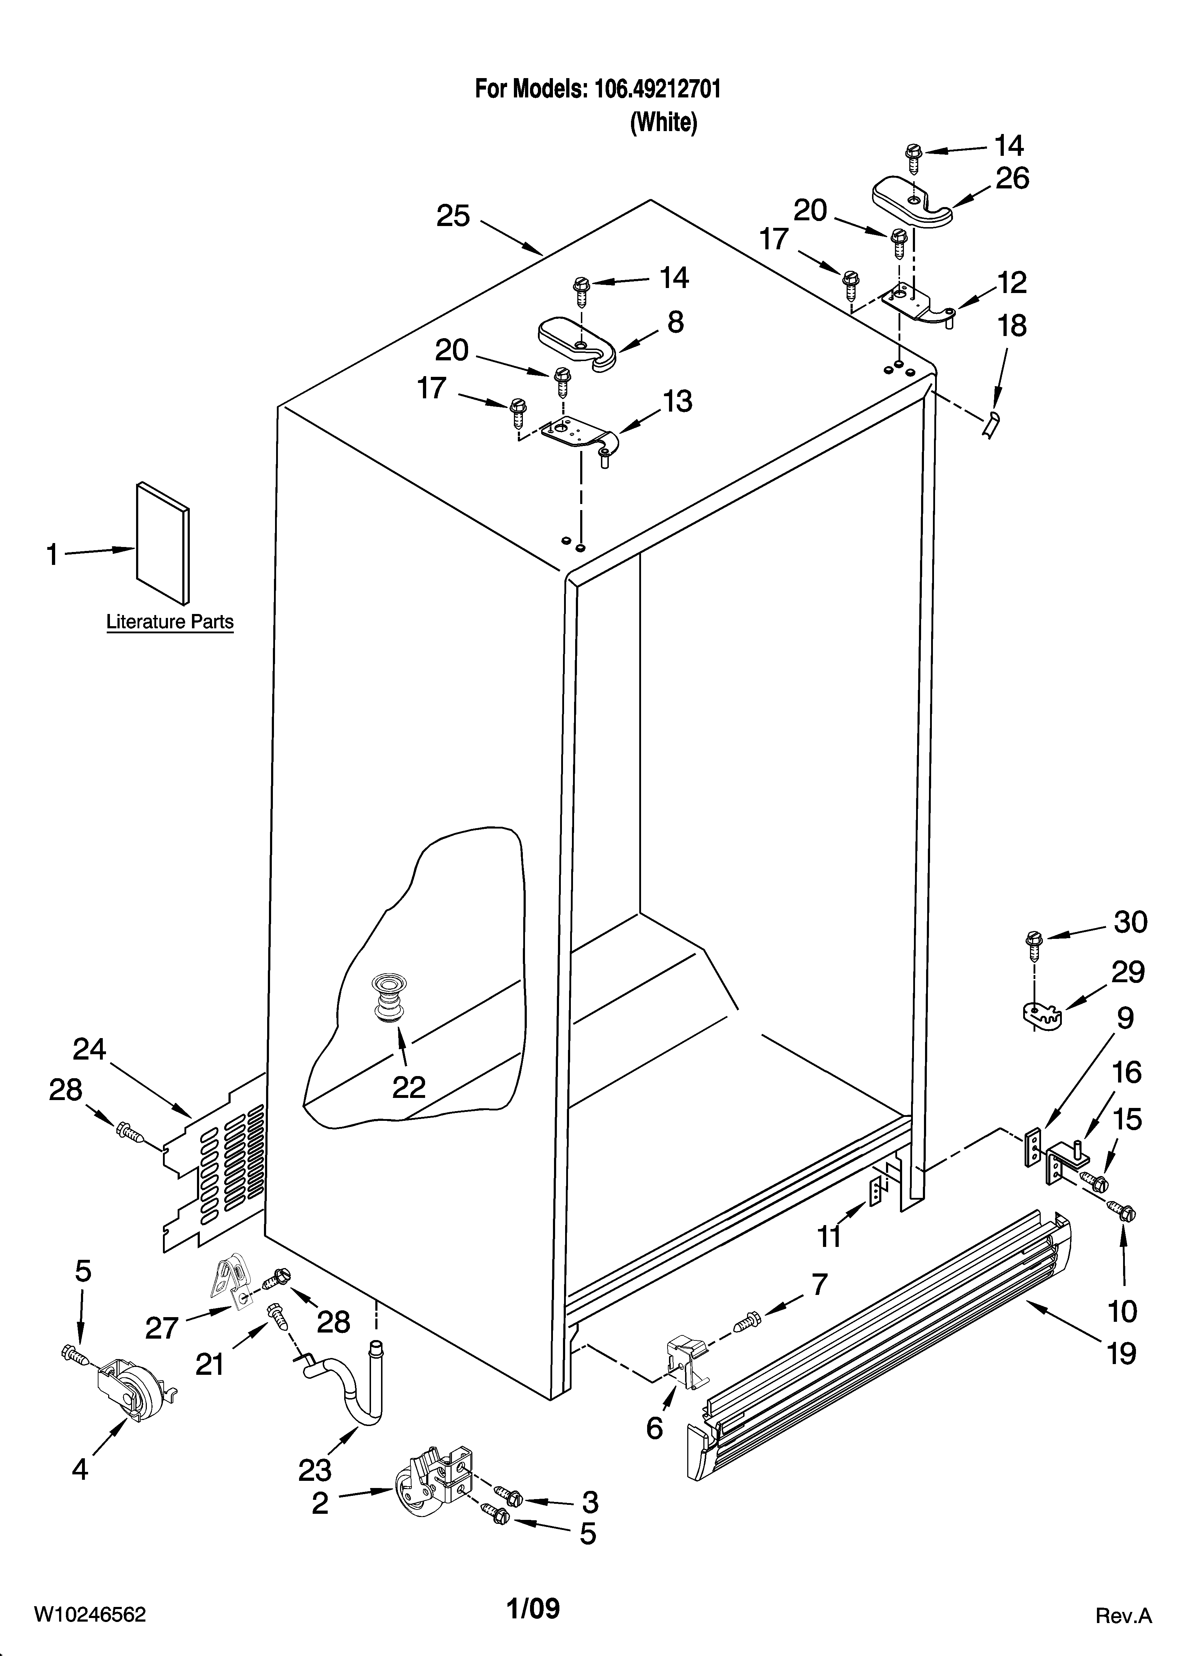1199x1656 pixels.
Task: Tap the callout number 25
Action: click(x=453, y=216)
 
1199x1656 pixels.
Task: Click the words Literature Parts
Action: click(x=170, y=622)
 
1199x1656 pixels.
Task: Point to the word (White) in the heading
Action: click(x=663, y=122)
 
